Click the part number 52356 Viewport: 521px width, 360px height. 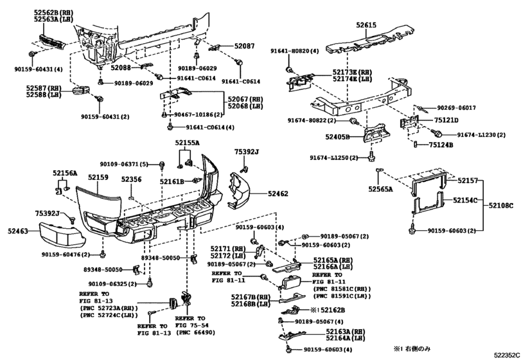point(131,181)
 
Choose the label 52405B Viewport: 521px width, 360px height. point(337,137)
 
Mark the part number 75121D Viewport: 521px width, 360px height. point(445,120)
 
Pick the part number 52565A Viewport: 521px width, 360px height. point(381,189)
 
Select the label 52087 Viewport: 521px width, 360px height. point(244,46)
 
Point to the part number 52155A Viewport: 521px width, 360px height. point(188,143)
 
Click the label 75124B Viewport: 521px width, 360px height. point(441,145)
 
